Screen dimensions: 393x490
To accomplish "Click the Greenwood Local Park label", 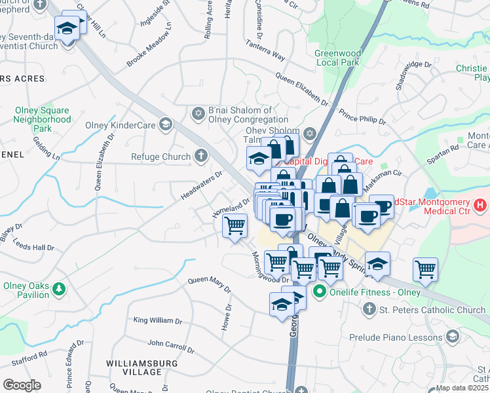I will [339, 58].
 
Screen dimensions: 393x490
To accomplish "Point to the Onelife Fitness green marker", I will [320, 291].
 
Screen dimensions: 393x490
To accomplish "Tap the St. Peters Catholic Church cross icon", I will [369, 309].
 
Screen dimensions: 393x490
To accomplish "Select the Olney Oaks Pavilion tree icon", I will [60, 288].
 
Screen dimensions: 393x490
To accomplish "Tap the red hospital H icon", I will [480, 206].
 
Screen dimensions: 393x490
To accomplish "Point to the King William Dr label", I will [157, 320].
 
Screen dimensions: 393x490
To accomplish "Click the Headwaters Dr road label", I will [202, 185].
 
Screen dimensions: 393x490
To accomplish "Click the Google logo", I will [22, 385].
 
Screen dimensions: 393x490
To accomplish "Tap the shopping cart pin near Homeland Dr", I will [235, 226].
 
